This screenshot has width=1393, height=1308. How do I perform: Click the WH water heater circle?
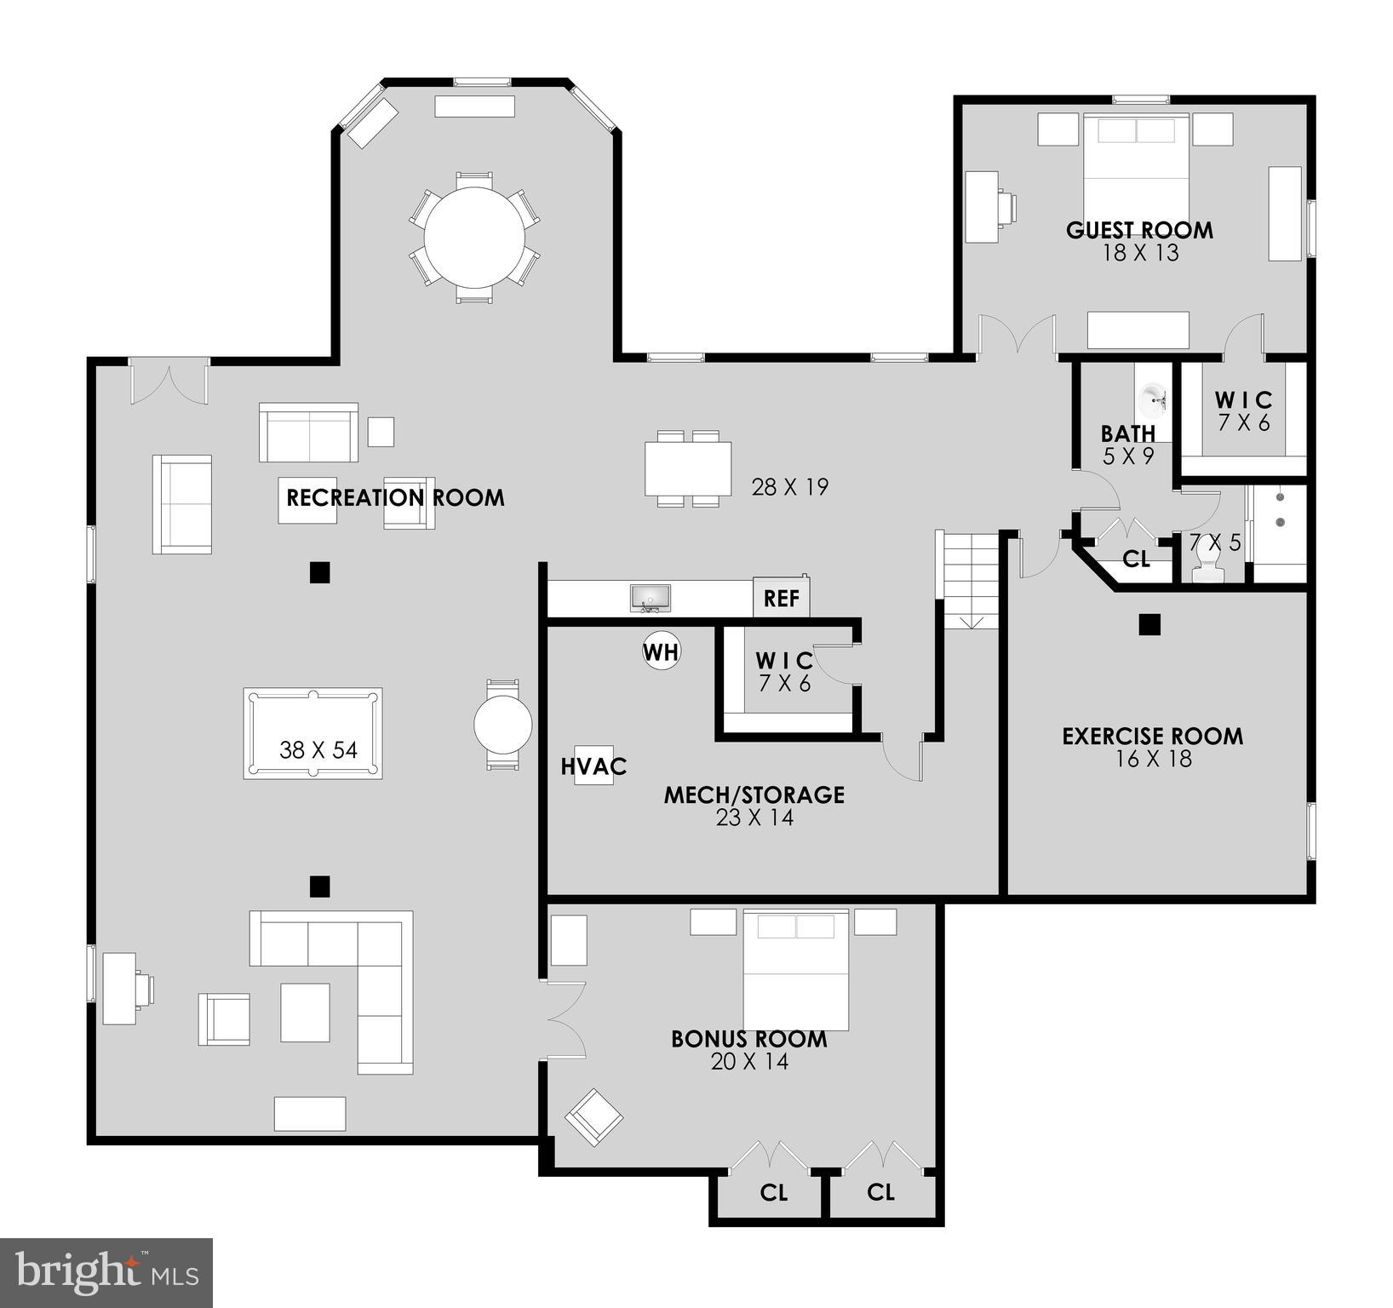(x=661, y=651)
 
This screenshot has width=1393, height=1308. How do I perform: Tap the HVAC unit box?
(x=593, y=766)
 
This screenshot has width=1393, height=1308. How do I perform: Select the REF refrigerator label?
(x=781, y=598)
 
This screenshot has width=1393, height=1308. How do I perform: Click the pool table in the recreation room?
(x=312, y=733)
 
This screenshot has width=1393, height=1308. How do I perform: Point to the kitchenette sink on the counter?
(x=651, y=597)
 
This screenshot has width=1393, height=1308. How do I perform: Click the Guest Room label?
(x=1139, y=230)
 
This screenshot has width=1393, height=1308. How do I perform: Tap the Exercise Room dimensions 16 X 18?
(x=1153, y=759)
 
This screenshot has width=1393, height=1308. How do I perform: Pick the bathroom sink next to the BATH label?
(x=1154, y=397)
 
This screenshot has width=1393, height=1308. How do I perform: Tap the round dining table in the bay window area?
(x=474, y=238)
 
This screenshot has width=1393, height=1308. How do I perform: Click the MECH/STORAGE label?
(x=754, y=795)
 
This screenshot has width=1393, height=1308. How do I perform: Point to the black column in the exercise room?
(x=1149, y=624)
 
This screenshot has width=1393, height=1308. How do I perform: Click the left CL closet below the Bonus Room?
(x=773, y=1192)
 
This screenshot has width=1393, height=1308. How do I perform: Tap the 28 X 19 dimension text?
(x=789, y=487)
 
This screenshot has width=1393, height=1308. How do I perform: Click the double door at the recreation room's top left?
(x=169, y=381)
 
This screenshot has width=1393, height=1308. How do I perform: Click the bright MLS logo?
(x=106, y=1272)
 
